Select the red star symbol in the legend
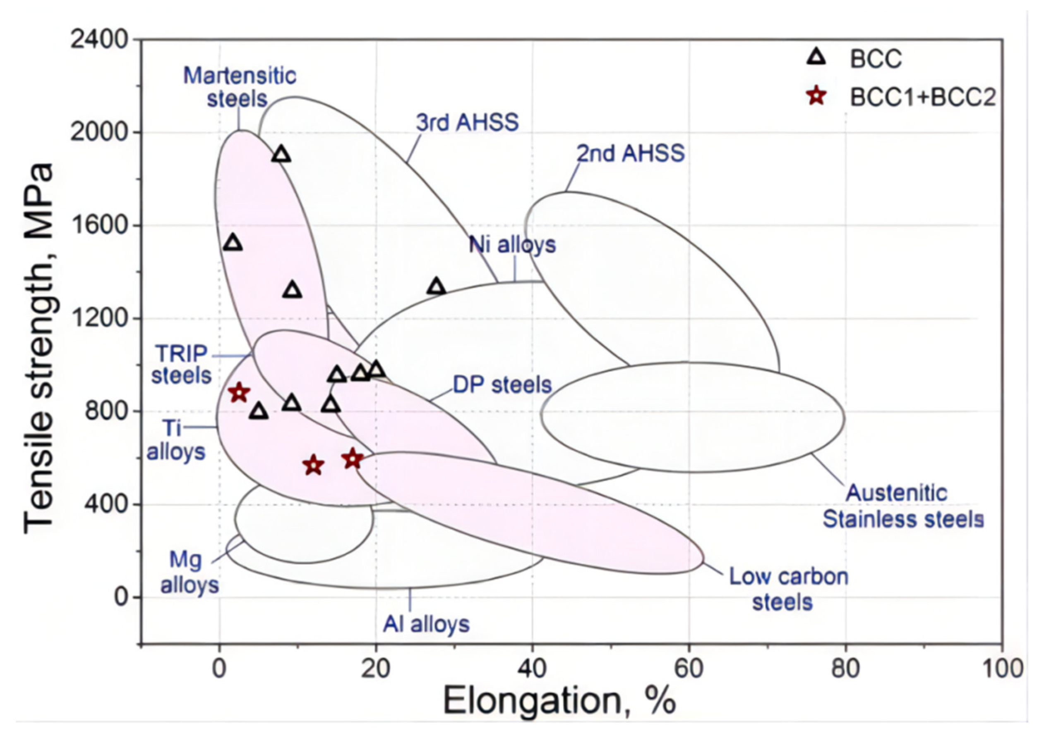[x=817, y=96]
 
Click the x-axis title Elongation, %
[x=559, y=701]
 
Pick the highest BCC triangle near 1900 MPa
[x=282, y=155]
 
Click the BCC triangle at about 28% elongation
[x=437, y=287]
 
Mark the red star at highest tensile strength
[x=239, y=393]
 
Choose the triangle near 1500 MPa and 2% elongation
[x=233, y=243]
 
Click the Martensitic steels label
[x=239, y=87]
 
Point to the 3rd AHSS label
[x=468, y=122]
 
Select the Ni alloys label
[x=512, y=245]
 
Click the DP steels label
[x=502, y=385]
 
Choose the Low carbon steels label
[x=788, y=589]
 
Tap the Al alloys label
[x=426, y=624]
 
